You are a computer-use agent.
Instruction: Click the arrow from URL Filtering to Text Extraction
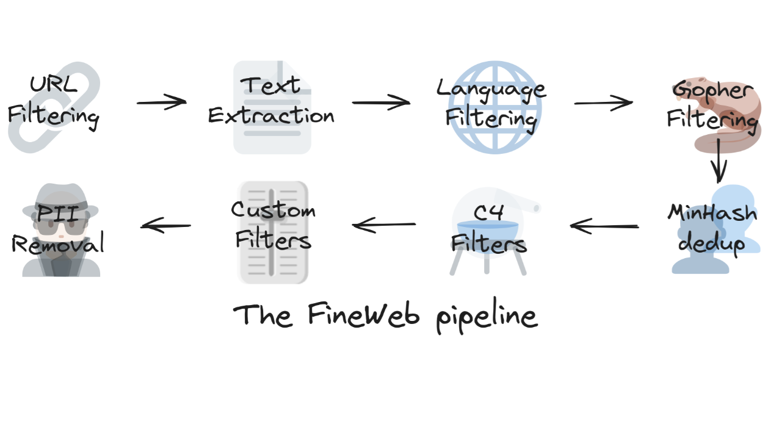[x=161, y=103]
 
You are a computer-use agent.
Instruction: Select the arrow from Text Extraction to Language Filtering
[x=381, y=103]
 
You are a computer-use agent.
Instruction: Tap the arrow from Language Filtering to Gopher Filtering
[x=603, y=103]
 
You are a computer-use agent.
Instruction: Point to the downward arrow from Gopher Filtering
[x=719, y=160]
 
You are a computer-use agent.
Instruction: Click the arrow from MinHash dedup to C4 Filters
[x=604, y=227]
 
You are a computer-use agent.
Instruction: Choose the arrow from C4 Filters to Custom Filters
[x=385, y=226]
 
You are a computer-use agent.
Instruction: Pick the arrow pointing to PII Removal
[x=166, y=226]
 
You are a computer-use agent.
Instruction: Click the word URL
[x=54, y=84]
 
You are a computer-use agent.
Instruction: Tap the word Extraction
[x=271, y=115]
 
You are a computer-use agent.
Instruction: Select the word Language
[x=491, y=89]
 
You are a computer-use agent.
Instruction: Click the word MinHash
[x=712, y=213]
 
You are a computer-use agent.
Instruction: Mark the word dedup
[x=712, y=243]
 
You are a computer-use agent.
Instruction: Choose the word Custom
[x=273, y=210]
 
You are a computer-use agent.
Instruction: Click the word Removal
[x=58, y=245]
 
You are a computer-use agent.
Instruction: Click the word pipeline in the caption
[x=487, y=317]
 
